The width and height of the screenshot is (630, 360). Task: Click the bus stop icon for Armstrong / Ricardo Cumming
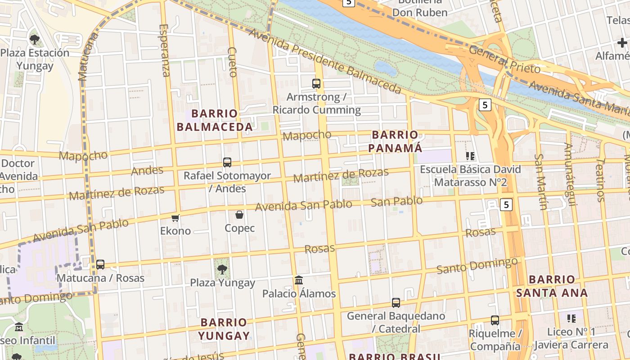click(316, 83)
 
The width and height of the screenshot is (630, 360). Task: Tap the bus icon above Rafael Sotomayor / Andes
click(227, 162)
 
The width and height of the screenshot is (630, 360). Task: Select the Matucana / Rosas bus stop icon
click(100, 264)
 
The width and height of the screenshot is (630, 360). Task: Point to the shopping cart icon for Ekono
click(175, 218)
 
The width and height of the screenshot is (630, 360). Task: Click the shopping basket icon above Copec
click(239, 215)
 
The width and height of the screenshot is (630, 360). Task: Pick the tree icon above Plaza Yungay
click(222, 269)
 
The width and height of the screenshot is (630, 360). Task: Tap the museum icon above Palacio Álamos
click(299, 280)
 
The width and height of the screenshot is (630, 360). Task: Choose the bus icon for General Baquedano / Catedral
click(396, 302)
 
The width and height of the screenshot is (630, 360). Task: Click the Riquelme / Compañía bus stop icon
click(495, 320)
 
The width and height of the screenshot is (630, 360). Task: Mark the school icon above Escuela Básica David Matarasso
click(470, 156)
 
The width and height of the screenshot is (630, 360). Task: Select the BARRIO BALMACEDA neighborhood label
click(215, 120)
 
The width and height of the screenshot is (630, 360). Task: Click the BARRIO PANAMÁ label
click(395, 141)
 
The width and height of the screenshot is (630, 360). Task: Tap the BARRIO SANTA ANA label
click(552, 286)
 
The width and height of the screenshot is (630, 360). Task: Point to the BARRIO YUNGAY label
click(224, 329)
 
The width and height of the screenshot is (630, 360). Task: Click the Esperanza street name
click(165, 50)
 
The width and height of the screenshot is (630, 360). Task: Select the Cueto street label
click(232, 62)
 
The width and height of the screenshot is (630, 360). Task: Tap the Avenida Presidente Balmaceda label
click(324, 61)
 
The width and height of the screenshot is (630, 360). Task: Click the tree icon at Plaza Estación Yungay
click(35, 39)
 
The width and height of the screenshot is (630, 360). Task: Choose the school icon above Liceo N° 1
click(571, 319)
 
